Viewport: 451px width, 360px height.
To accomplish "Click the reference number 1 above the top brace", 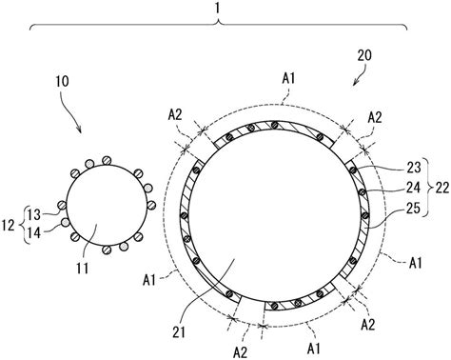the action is (x=217, y=8).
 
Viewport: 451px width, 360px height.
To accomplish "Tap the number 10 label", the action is (x=62, y=82).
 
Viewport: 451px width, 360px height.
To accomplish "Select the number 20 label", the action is (x=364, y=55).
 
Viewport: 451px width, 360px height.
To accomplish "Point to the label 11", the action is (x=83, y=269).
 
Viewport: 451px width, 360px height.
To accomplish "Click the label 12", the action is (x=8, y=226).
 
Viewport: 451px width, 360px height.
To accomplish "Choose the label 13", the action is (x=34, y=215).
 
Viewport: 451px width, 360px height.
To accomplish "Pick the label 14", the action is (x=34, y=233).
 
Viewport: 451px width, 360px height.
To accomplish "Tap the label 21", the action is (x=179, y=332).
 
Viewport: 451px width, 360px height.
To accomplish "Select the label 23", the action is (x=414, y=168).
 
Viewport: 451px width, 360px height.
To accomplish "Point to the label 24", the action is (x=414, y=188).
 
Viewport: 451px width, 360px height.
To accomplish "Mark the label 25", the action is (x=414, y=209).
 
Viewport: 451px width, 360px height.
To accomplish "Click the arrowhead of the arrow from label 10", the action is (x=80, y=131).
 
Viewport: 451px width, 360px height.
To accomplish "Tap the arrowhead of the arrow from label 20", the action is (x=354, y=84).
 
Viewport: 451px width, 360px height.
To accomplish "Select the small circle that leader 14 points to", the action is (x=65, y=223).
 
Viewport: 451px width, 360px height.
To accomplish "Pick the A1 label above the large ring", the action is (x=288, y=78).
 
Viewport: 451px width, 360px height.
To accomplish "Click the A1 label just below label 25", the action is (x=415, y=263).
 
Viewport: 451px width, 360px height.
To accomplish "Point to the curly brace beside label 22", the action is (x=429, y=188).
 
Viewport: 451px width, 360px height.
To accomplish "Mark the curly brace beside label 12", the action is (x=23, y=226).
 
